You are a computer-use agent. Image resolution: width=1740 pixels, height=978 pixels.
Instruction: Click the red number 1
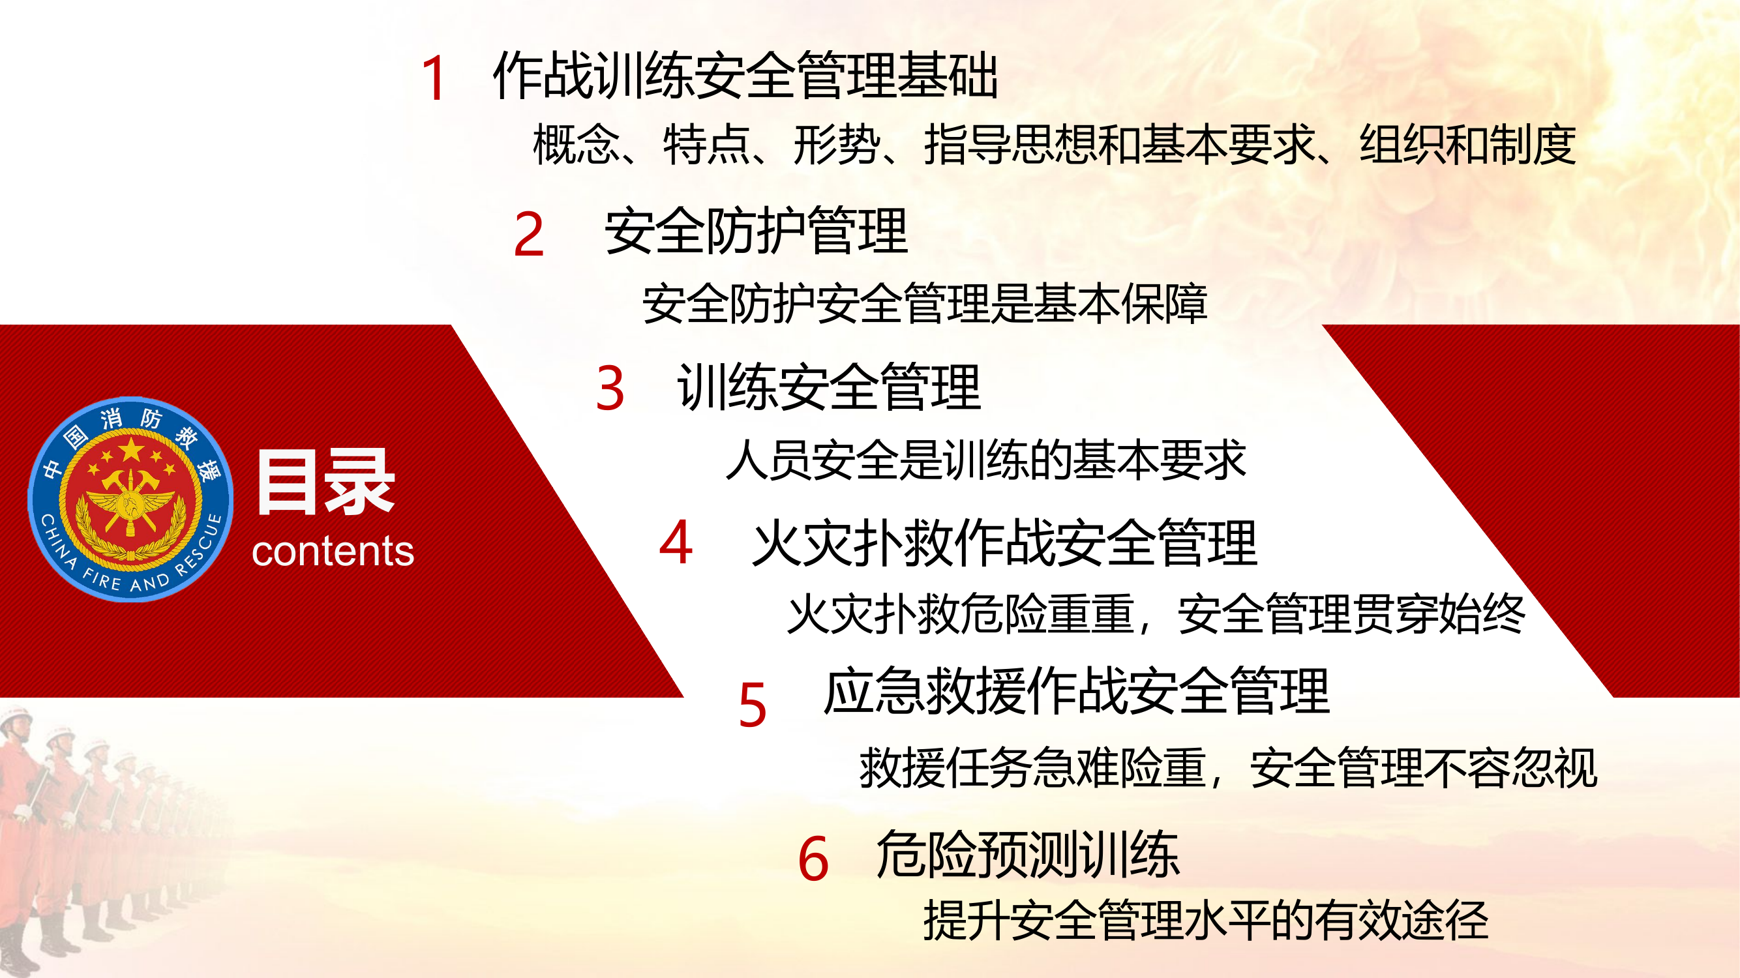click(x=433, y=79)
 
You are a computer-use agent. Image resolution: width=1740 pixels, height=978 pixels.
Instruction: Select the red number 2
click(x=528, y=234)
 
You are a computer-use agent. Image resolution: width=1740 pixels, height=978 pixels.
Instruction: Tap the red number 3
click(x=610, y=389)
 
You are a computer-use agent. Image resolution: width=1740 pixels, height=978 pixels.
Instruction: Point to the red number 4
click(x=676, y=542)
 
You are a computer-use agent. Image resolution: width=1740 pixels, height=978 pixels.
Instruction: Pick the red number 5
click(x=753, y=705)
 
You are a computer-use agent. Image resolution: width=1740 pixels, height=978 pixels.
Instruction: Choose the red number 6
click(x=813, y=859)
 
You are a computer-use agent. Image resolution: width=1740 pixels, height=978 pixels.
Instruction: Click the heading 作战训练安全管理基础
click(x=745, y=76)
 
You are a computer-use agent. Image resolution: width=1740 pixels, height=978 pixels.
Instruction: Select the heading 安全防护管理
click(x=756, y=231)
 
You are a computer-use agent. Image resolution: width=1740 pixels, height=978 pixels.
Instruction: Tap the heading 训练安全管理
click(x=829, y=387)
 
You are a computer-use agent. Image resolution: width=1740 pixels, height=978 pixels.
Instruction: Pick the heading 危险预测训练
click(x=1027, y=854)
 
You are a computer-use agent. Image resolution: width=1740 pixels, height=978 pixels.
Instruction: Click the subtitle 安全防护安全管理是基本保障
click(x=925, y=304)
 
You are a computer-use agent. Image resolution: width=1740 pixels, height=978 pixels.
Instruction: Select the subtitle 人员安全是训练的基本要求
click(x=985, y=460)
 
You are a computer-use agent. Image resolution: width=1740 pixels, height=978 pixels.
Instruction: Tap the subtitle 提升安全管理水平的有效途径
click(x=1206, y=920)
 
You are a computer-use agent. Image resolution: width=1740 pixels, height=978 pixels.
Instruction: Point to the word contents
click(x=333, y=551)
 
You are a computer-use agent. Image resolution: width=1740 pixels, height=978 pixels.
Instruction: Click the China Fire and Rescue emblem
click(x=130, y=499)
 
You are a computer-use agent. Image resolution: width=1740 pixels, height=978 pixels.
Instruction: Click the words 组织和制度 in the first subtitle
click(x=1467, y=145)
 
